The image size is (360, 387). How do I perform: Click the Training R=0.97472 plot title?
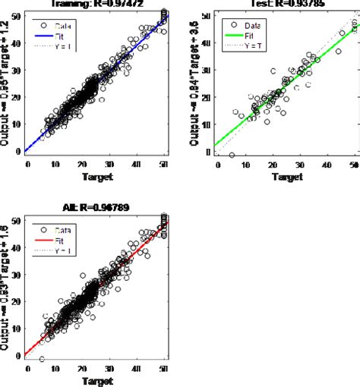100,3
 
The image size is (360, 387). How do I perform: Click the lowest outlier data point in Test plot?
231,155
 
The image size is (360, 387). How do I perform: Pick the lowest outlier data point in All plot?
41,359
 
